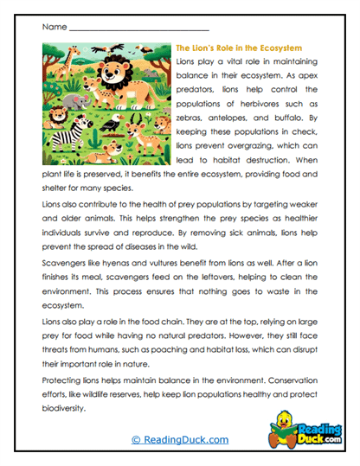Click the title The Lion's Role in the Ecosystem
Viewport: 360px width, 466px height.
pos(238,48)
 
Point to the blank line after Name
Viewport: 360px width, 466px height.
pos(138,29)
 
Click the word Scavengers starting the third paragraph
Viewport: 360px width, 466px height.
pos(63,267)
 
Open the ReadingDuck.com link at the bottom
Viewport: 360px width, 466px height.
pos(179,440)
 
